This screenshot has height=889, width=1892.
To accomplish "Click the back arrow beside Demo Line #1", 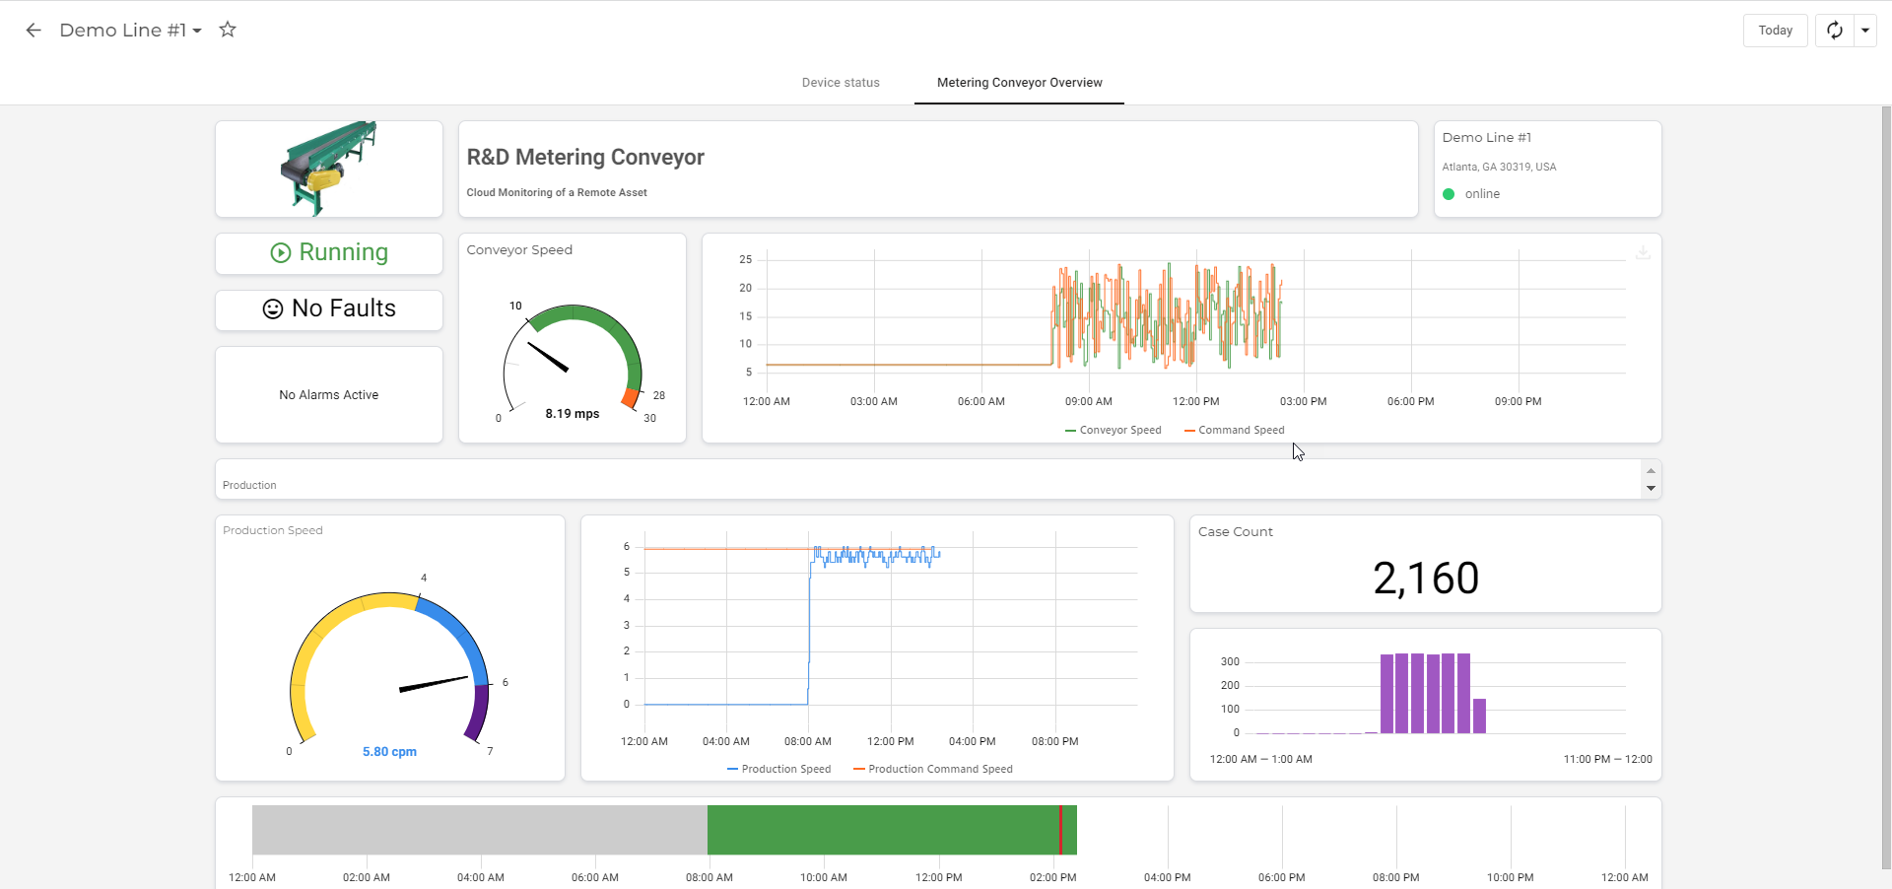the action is [34, 31].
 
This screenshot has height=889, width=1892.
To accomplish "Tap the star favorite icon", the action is [228, 30].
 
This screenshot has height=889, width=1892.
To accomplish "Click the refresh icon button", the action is [1835, 31].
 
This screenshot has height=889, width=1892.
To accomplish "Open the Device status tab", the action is [841, 83].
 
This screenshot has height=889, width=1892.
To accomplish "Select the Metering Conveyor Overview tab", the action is [1020, 83].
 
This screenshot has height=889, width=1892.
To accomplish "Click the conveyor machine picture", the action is [328, 169].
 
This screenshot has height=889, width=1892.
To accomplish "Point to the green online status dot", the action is [1449, 194].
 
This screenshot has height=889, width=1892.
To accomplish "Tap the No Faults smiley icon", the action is [273, 309].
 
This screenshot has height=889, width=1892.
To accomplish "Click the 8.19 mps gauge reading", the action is [573, 414].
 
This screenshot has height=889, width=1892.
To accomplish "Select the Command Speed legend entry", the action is [1235, 431].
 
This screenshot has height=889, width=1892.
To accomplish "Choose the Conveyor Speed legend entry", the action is [1114, 431].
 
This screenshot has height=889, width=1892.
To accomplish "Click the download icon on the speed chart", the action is [1643, 253].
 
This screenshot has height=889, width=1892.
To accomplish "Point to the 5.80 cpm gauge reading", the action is [389, 752].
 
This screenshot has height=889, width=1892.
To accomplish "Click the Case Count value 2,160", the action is [1426, 579].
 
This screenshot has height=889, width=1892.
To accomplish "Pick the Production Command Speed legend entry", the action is [933, 770].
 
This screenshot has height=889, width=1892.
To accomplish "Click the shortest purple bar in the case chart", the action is [1479, 717].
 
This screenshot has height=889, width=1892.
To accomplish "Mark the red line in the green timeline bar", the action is [1060, 830].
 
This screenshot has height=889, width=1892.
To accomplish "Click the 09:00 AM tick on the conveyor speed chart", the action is [1089, 402].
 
